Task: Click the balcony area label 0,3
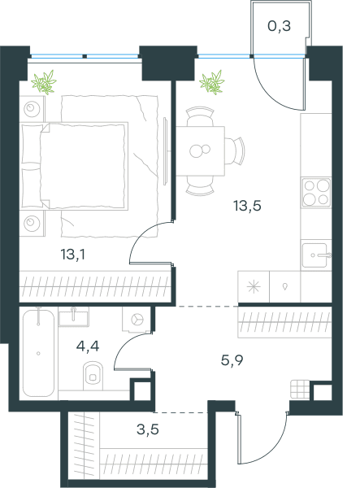click(x=280, y=26)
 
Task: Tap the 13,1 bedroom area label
click(x=73, y=255)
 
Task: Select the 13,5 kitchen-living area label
click(x=248, y=206)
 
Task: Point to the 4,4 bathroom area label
click(x=88, y=346)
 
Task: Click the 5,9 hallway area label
click(x=232, y=360)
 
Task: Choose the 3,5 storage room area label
click(x=148, y=429)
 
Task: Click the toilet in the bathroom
click(x=93, y=376)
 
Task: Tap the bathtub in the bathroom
click(x=38, y=353)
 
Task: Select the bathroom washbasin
click(x=74, y=316)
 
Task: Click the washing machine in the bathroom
click(x=137, y=320)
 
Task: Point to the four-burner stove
click(x=316, y=193)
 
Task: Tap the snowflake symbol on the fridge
click(x=254, y=286)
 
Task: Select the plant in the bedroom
click(x=44, y=82)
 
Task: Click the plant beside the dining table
click(x=212, y=82)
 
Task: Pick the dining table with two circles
click(x=201, y=151)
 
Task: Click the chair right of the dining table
click(x=234, y=151)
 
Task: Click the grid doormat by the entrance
click(x=300, y=389)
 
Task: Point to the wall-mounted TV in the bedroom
click(x=166, y=150)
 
